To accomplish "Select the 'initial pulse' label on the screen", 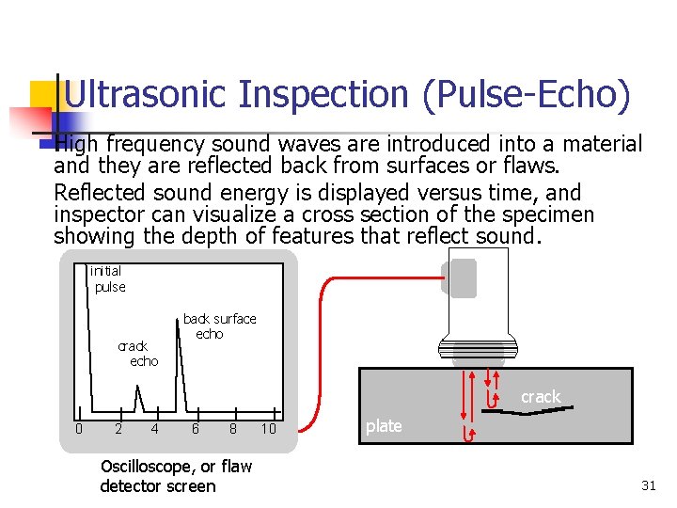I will tap(108, 278).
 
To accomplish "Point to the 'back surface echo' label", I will tap(218, 325).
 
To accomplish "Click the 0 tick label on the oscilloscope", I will tap(79, 429).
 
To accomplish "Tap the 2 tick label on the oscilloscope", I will tap(118, 429).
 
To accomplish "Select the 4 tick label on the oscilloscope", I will tap(154, 429).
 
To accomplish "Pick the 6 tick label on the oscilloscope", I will tap(195, 429).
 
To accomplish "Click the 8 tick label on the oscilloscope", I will tap(233, 429).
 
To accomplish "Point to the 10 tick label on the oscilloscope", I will tap(269, 429).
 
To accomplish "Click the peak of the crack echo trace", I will tap(139, 389).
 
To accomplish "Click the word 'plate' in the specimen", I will tap(384, 426).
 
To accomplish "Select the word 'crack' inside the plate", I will tap(541, 397).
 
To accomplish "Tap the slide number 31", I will tap(648, 485).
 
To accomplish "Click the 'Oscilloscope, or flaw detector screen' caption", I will tap(175, 476).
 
